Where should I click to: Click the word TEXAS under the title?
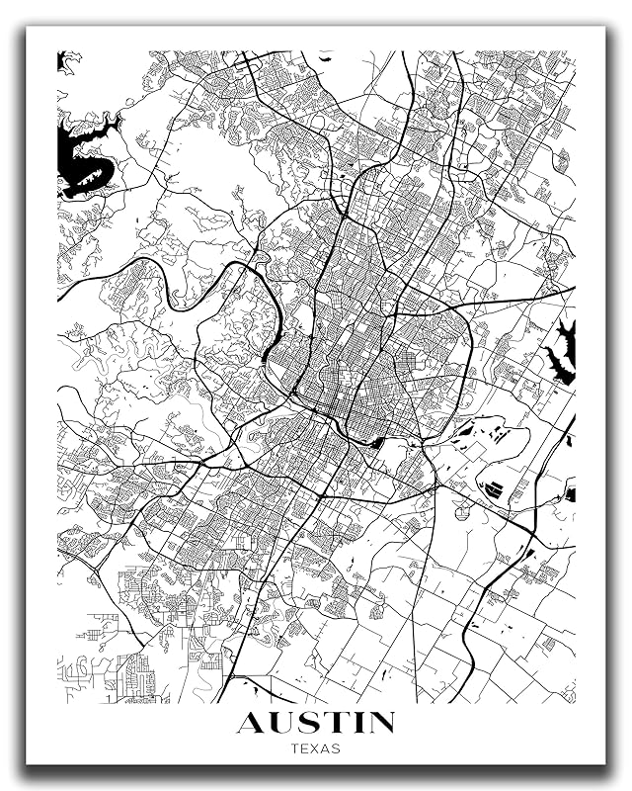(316, 748)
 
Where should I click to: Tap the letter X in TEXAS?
(316, 748)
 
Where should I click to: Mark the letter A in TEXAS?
(327, 748)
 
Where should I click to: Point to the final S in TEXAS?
(337, 748)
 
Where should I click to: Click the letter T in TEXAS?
(295, 748)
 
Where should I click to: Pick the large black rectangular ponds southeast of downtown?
(495, 488)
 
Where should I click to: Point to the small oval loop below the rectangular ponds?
(461, 511)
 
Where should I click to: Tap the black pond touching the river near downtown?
(376, 442)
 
